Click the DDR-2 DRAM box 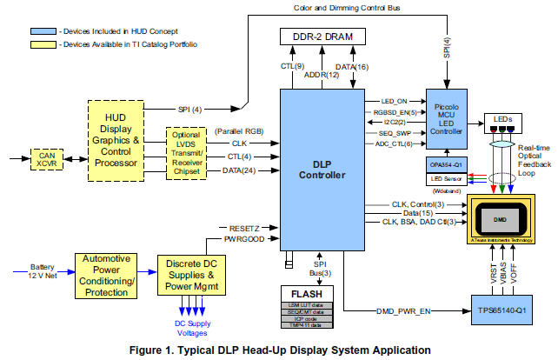[320, 37]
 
